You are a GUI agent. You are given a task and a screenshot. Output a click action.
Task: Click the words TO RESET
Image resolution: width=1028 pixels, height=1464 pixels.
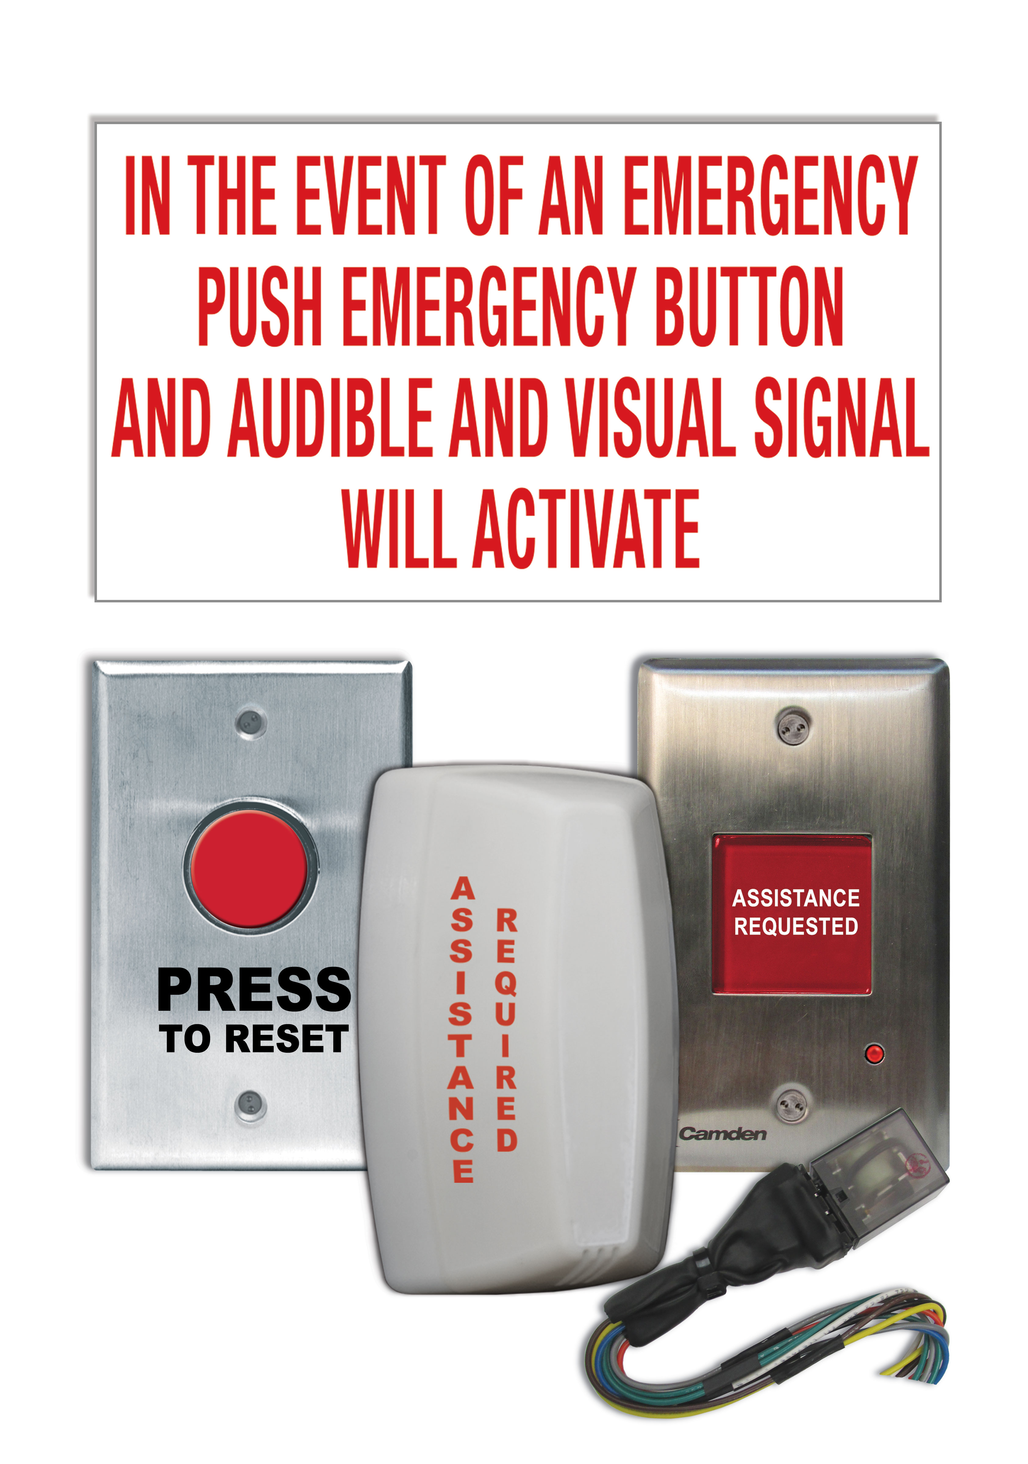coord(254,1039)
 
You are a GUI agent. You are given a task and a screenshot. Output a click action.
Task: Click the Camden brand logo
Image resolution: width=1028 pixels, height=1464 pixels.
coord(722,1133)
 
